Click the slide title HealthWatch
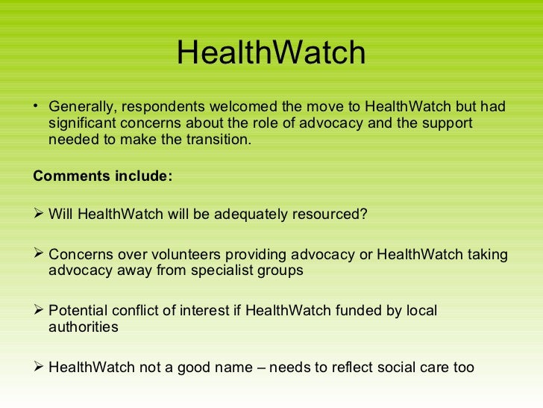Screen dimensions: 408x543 pos(271,53)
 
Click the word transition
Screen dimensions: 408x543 pos(220,140)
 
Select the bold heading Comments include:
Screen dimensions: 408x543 pos(103,177)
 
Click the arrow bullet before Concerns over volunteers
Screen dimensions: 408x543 pos(40,255)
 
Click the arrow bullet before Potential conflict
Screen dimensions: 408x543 pos(40,310)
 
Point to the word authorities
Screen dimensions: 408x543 pos(83,327)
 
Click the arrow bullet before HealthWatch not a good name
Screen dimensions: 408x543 pos(40,367)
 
